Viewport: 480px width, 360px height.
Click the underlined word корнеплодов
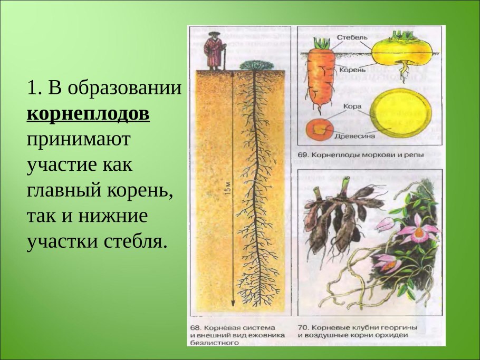(x=88, y=114)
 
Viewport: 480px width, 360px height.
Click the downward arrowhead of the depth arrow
(x=232, y=307)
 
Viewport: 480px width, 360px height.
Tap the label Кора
(x=352, y=106)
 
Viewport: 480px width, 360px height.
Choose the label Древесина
(x=354, y=135)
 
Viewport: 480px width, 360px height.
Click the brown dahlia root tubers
(x=338, y=219)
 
